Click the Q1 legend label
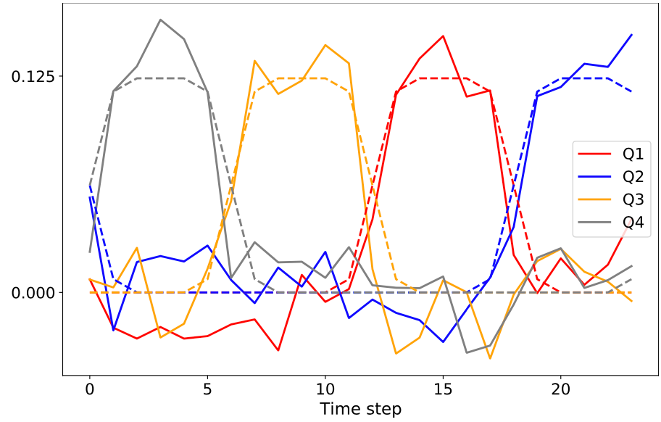coord(633,154)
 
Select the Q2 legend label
coord(633,177)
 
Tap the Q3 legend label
coord(633,200)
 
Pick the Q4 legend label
coord(633,223)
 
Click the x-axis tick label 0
coord(90,389)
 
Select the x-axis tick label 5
coord(207,389)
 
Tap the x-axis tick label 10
coord(325,389)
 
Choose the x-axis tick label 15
coord(443,389)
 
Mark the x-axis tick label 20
coord(560,389)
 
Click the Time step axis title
coord(360,409)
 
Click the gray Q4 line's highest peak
coord(160,20)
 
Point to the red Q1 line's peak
coord(443,36)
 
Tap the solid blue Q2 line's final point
coord(631,35)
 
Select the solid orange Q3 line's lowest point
coord(490,358)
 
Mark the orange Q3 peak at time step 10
coord(325,45)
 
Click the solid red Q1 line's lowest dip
coord(278,350)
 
